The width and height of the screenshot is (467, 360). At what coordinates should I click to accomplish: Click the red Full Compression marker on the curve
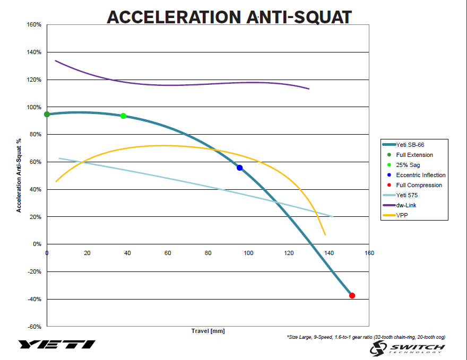click(x=352, y=295)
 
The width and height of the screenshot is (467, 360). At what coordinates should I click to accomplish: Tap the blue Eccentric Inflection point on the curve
click(x=239, y=168)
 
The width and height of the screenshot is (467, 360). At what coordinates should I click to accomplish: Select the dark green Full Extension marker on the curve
click(x=47, y=114)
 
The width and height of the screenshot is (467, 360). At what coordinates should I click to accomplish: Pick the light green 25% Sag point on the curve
click(x=123, y=116)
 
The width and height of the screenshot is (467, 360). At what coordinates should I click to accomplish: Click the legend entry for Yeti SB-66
click(x=411, y=145)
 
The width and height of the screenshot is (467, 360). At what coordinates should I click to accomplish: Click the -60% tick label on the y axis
click(x=34, y=327)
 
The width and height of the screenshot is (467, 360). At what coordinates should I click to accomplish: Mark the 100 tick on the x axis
click(x=248, y=253)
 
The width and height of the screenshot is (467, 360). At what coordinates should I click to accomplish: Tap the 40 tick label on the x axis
click(x=127, y=253)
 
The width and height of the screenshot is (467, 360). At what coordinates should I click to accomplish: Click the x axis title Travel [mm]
click(x=208, y=331)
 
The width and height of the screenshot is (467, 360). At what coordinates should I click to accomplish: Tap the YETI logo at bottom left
click(x=57, y=344)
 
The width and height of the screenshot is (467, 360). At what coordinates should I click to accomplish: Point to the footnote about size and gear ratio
click(x=365, y=337)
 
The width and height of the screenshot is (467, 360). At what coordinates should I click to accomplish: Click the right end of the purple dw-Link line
click(x=309, y=89)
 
